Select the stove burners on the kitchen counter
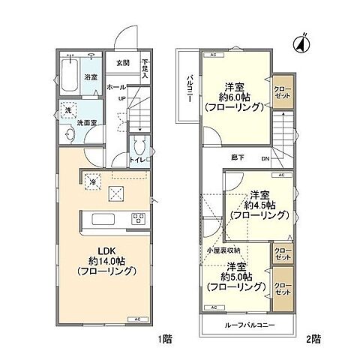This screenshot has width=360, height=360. tap(138, 218)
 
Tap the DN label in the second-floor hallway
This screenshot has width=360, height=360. tap(265, 158)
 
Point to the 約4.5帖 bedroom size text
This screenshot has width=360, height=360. tap(260, 204)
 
